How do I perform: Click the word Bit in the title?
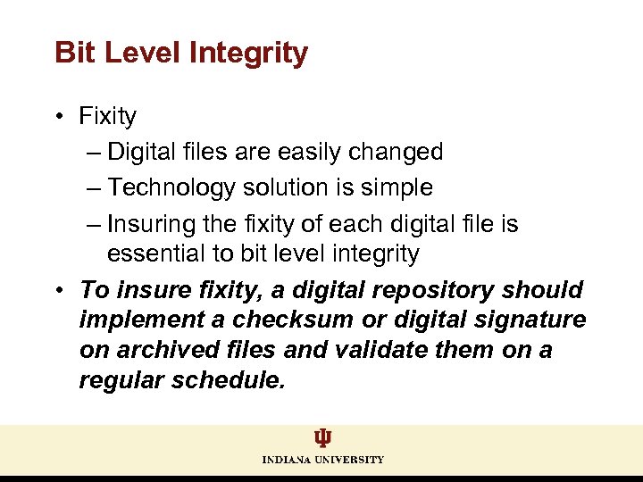click(x=75, y=53)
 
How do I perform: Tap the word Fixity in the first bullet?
click(x=107, y=116)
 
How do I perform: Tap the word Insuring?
click(x=153, y=223)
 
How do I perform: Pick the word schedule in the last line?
click(x=233, y=380)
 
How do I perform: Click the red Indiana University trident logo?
click(x=322, y=438)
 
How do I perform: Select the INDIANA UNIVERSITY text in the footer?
click(x=322, y=460)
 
